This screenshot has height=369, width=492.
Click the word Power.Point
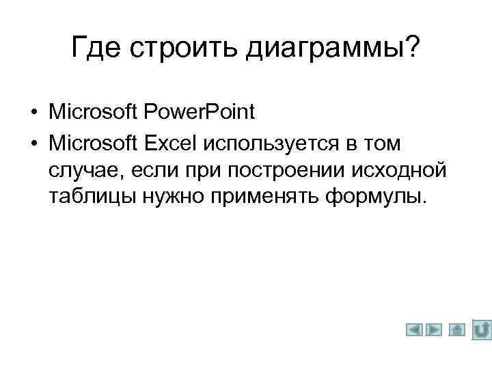tap(197, 111)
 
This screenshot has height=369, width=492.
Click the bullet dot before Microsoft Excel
tap(33, 144)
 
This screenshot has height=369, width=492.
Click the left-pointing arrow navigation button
tap(415, 330)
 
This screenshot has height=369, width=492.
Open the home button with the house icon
tap(457, 330)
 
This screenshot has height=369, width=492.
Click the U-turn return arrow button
tap(482, 329)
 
